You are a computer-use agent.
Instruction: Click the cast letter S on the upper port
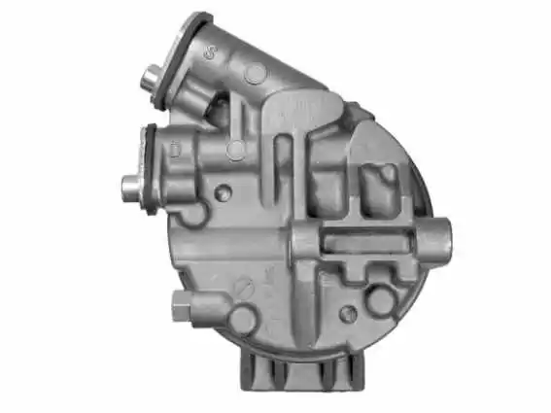pyautogui.click(x=210, y=53)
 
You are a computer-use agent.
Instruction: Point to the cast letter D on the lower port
pyautogui.click(x=175, y=150)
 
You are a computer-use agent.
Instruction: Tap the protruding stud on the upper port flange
pyautogui.click(x=152, y=75)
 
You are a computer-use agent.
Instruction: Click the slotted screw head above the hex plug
pyautogui.click(x=245, y=288)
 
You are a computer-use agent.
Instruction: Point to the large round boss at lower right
pyautogui.click(x=382, y=300)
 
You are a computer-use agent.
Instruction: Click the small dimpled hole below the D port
pyautogui.click(x=224, y=193)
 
